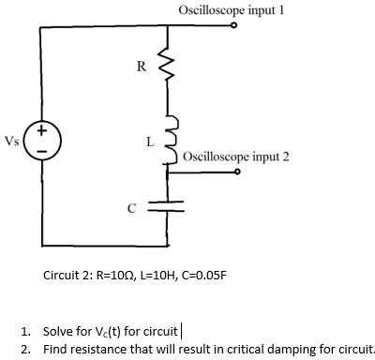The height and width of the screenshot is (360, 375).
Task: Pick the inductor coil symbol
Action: pos(171,142)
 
